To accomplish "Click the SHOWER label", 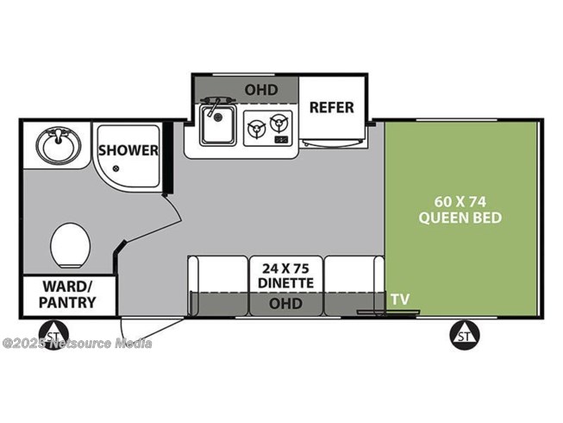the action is pos(128,150).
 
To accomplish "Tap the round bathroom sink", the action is pos(58,144).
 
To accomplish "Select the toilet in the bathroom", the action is pos(70,245).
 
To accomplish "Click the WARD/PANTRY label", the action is pos(67,294).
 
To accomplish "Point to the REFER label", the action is pos(331,107).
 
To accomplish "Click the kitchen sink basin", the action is pos(218,124).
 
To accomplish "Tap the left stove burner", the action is pos(256,129).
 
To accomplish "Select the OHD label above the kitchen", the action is pos(261,90).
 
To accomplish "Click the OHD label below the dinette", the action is pos(285,303).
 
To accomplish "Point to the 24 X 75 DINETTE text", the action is pos(285,275).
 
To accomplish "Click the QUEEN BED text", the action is pos(460,218).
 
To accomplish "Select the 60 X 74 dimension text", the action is pos(460,202).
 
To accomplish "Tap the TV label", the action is pos(400,299).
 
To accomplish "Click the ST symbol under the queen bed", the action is pos(465,336).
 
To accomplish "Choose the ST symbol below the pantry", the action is pos(53,335).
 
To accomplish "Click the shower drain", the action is pos(116,168).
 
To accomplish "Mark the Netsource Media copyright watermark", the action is pos(78,344).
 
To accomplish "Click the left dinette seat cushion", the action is pos(218,273).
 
